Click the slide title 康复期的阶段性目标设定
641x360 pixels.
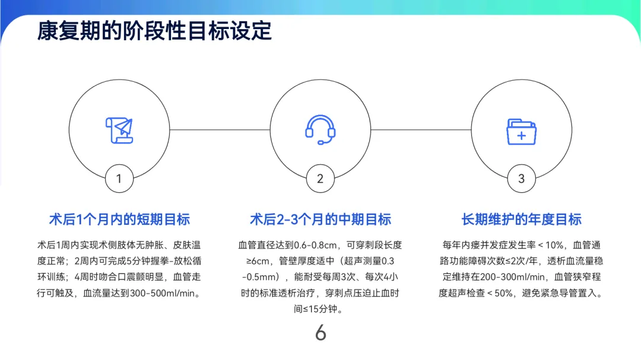[x=154, y=30]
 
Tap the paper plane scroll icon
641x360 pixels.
[x=119, y=130]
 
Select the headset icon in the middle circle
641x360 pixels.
[x=320, y=129]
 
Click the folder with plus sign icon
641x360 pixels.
[x=521, y=131]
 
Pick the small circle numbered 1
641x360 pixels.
[x=119, y=179]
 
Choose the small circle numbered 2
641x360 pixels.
[x=320, y=179]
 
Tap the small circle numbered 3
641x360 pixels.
[x=521, y=179]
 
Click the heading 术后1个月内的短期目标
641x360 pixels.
[x=119, y=219]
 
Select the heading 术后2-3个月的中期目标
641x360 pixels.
[x=320, y=219]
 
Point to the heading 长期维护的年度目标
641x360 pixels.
[x=521, y=219]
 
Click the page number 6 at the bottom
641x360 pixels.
[x=320, y=333]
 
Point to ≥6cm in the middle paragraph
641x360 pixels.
[x=251, y=260]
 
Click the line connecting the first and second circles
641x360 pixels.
[x=220, y=129]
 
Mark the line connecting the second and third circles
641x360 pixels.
[x=421, y=129]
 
